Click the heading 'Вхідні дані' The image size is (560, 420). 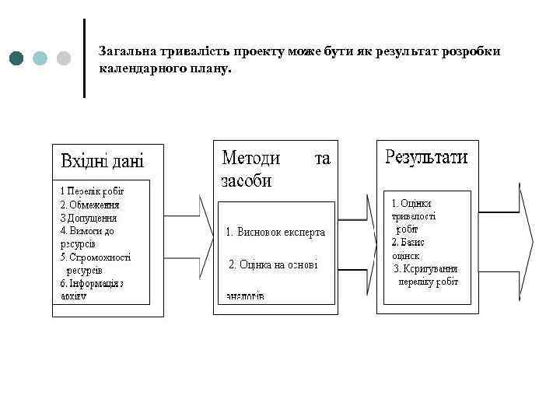pyautogui.click(x=102, y=162)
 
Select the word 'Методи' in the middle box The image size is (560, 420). pyautogui.click(x=251, y=159)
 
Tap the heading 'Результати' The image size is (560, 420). pyautogui.click(x=426, y=157)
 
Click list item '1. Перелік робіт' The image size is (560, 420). pyautogui.click(x=93, y=191)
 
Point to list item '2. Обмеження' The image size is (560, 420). pyautogui.click(x=90, y=204)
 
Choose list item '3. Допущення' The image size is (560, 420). pyautogui.click(x=89, y=217)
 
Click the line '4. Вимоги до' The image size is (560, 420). pyautogui.click(x=87, y=230)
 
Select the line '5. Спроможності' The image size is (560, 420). pyautogui.click(x=96, y=257)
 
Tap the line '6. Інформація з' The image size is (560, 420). pyautogui.click(x=93, y=283)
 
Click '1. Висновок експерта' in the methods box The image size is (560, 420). pyautogui.click(x=275, y=232)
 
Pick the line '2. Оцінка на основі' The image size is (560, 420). pyautogui.click(x=272, y=264)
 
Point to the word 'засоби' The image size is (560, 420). pyautogui.click(x=247, y=181)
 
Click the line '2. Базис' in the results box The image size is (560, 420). pyautogui.click(x=408, y=242)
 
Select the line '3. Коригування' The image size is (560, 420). pyautogui.click(x=425, y=268)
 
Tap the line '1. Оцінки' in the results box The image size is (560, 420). pyautogui.click(x=411, y=203)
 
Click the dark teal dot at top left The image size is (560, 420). pyautogui.click(x=17, y=58)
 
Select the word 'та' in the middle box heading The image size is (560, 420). pyautogui.click(x=322, y=159)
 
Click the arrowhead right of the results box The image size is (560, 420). pyautogui.click(x=527, y=241)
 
